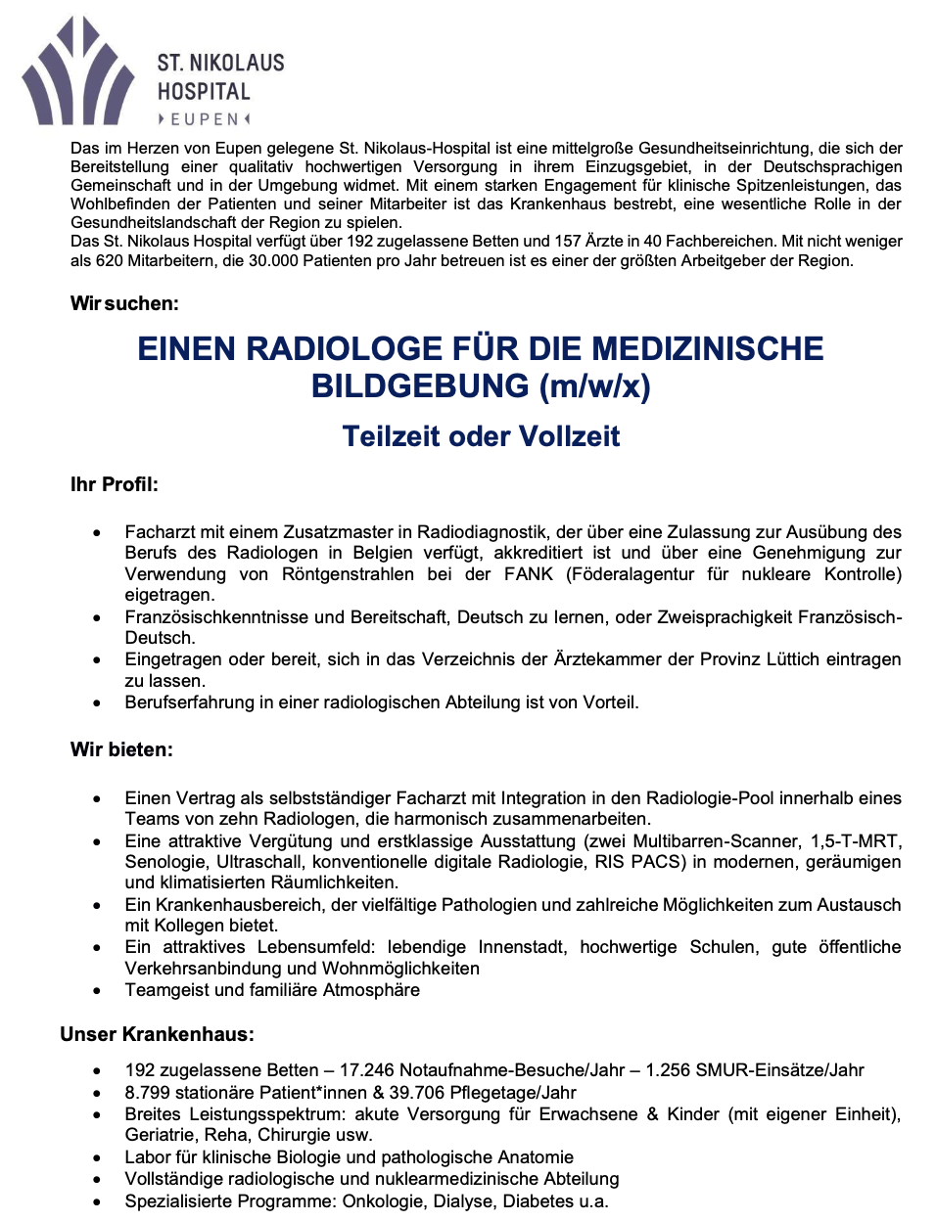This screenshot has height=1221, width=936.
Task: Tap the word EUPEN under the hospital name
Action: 205,119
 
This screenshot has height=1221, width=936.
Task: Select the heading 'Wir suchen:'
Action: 124,303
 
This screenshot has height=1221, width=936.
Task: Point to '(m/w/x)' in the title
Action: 595,386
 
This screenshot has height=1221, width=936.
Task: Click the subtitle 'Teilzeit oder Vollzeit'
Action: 481,436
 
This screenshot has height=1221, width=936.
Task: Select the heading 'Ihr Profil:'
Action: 114,484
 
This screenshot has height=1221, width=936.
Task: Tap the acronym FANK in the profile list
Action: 528,574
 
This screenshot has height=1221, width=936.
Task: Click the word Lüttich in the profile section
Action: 789,659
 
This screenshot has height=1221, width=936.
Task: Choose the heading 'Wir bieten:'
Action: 121,749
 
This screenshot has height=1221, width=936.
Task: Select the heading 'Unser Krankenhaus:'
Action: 157,1034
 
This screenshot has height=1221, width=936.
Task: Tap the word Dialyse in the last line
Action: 466,1201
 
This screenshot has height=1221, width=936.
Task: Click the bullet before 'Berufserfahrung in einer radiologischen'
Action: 97,703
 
